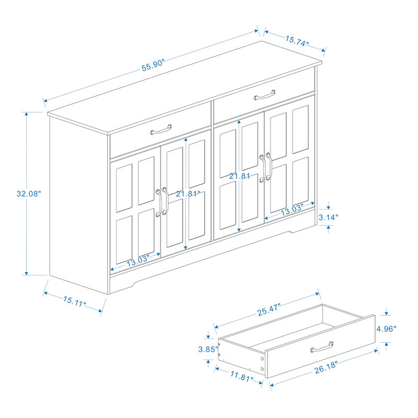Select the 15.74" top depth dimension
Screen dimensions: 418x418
coord(297,41)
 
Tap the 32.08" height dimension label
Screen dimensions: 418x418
coord(28,193)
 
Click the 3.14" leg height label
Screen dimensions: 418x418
coord(329,217)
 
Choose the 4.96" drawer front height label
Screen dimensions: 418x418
coord(386,329)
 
